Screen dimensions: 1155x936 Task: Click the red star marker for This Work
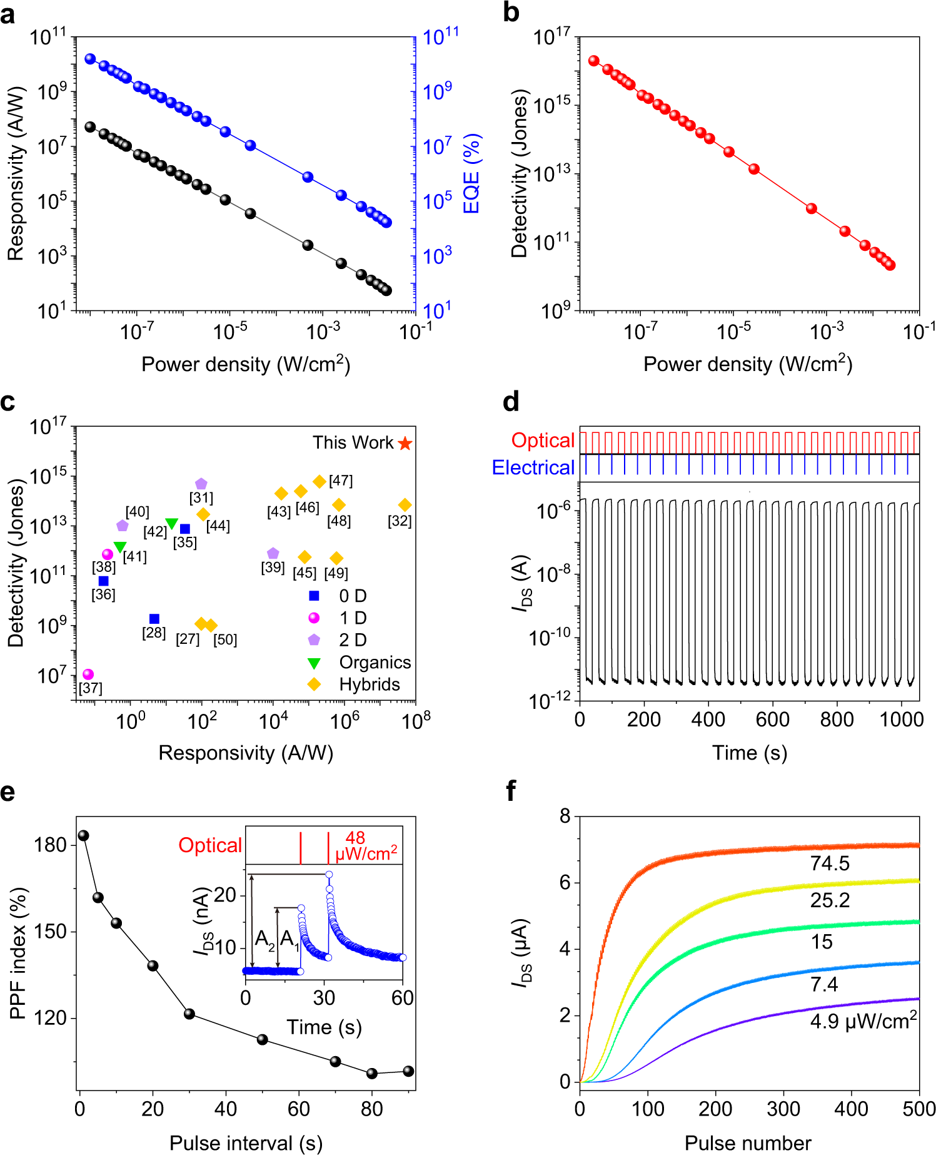[405, 444]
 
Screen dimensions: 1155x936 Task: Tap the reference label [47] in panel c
[341, 481]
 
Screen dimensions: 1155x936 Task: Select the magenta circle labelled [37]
[88, 674]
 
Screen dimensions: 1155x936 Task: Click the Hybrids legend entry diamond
[314, 684]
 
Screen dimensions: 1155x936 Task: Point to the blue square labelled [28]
[154, 619]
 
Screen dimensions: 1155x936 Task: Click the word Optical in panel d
[542, 440]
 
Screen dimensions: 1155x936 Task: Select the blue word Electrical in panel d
[533, 467]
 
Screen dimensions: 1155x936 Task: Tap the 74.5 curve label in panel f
[830, 863]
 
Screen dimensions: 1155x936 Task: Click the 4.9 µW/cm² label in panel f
[863, 1021]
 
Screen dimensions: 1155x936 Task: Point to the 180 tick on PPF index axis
[50, 845]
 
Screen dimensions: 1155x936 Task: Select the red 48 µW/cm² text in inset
[366, 846]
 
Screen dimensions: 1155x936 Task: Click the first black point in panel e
[83, 835]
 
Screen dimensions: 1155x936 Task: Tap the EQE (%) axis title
[471, 173]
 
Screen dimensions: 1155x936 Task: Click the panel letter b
[511, 13]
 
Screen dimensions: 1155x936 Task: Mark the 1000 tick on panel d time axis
[901, 720]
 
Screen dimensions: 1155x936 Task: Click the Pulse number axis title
[748, 1142]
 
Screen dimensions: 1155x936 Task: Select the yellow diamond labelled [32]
[405, 505]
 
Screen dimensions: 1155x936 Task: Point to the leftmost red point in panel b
[593, 61]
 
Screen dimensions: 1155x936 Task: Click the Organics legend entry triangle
[314, 663]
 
